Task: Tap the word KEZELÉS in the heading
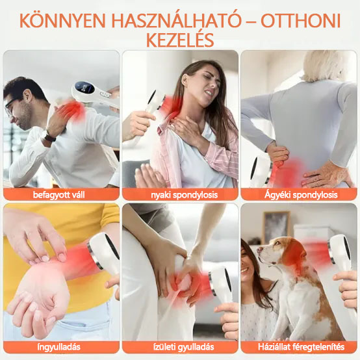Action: pos(180,40)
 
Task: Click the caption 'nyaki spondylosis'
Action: pos(180,194)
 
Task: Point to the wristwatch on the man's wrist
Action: pos(47,137)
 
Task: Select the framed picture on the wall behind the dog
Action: pos(276,224)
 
